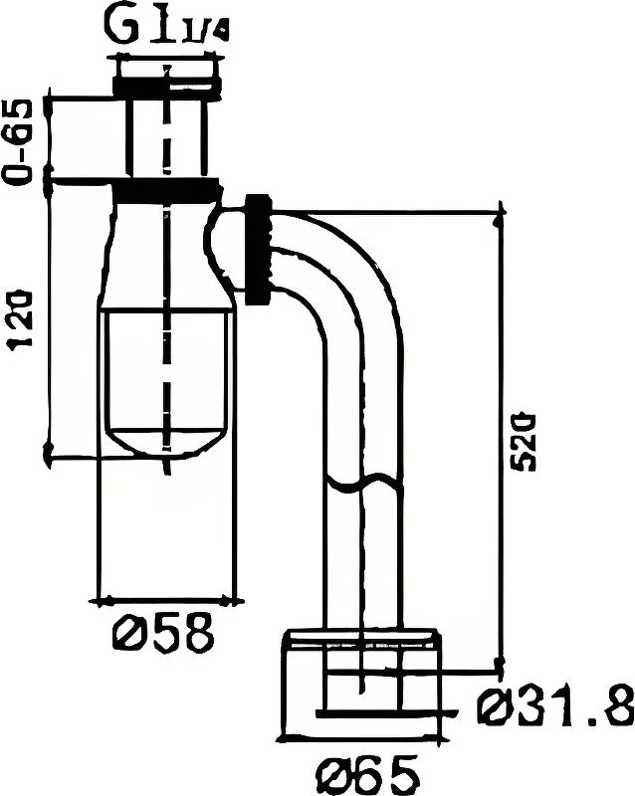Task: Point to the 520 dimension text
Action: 525,438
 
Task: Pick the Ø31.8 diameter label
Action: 554,709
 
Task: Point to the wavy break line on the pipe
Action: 364,485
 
